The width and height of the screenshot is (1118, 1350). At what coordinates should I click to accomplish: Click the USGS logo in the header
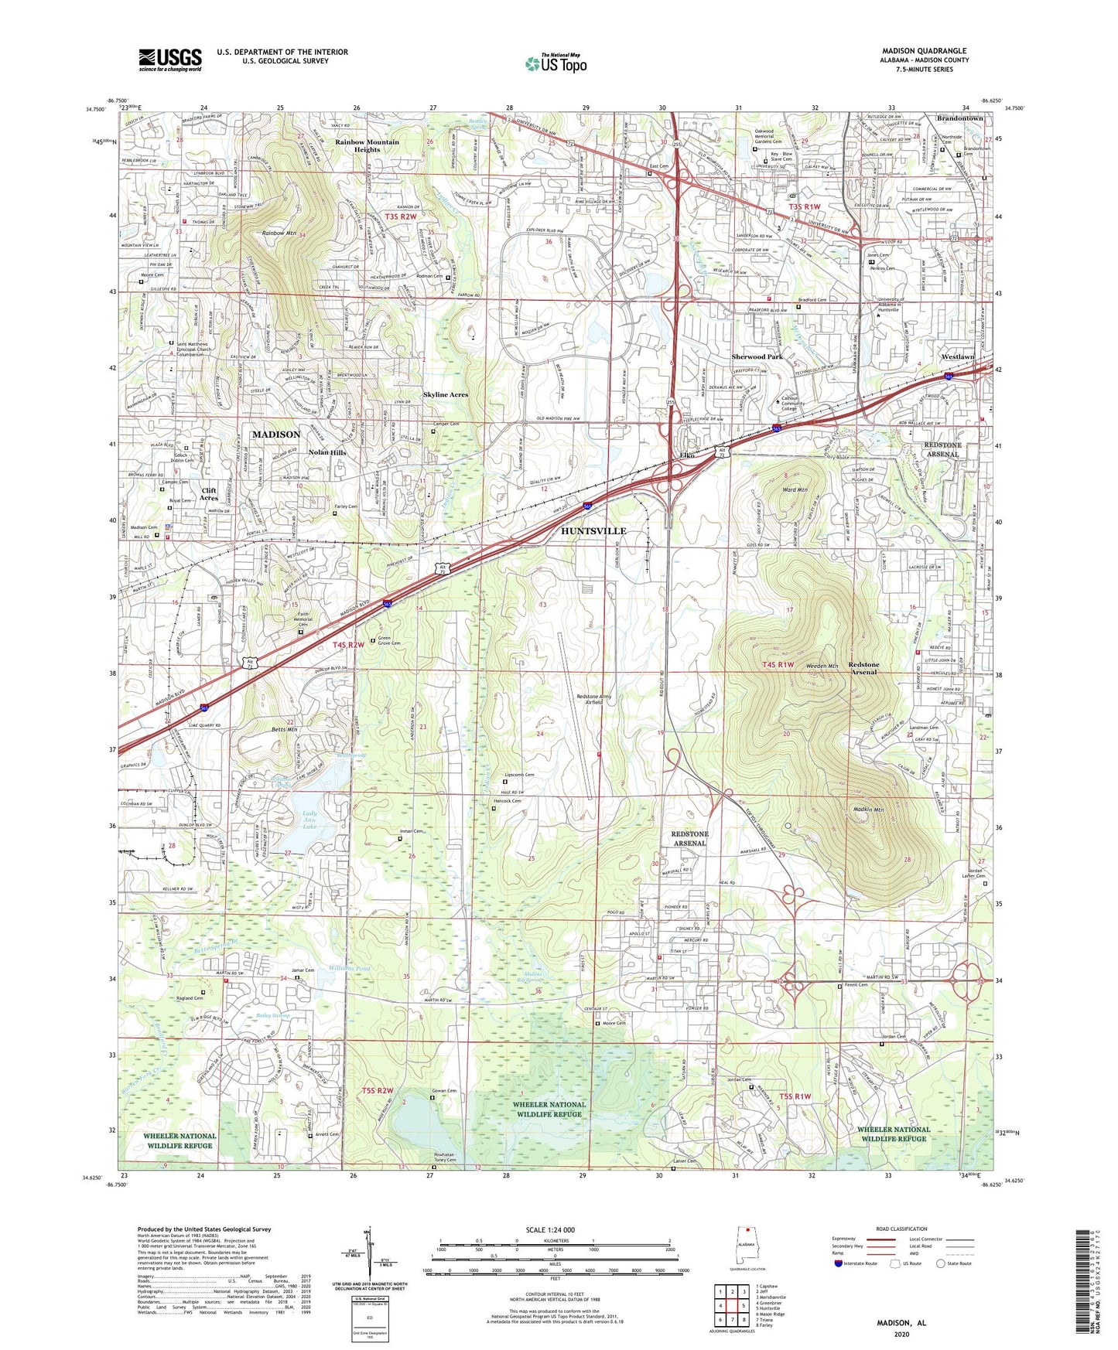tap(170, 60)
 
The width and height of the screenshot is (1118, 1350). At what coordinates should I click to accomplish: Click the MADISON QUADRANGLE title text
tap(924, 51)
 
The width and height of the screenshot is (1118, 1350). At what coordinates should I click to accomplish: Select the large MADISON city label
tap(275, 435)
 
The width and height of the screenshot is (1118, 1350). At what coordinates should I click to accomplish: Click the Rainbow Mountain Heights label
tap(367, 145)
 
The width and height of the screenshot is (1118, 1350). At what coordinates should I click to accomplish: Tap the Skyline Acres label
tap(446, 394)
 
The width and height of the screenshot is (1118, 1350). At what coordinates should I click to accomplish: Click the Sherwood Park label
tap(757, 356)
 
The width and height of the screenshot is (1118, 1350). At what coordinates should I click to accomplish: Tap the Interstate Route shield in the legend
tap(840, 1263)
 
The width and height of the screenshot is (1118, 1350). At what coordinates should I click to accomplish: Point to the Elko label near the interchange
tap(686, 455)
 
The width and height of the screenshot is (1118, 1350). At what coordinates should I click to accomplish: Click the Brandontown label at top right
tap(959, 118)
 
